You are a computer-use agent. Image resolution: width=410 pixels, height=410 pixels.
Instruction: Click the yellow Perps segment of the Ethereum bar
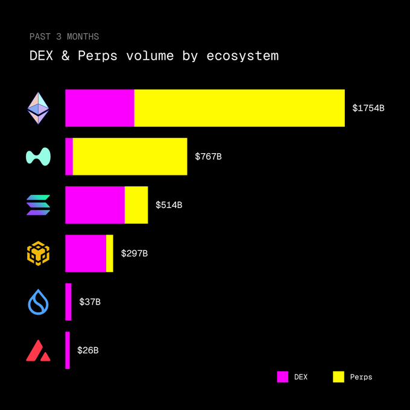click(239, 108)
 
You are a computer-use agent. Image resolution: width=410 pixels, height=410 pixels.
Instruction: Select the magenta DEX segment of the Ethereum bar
click(99, 108)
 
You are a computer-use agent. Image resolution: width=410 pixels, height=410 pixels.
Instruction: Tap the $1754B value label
click(368, 109)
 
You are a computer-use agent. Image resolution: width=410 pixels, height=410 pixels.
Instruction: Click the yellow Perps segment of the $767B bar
click(130, 156)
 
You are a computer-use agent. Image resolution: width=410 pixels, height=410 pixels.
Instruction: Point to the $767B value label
click(208, 157)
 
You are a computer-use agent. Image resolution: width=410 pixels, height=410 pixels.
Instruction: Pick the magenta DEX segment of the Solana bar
click(95, 205)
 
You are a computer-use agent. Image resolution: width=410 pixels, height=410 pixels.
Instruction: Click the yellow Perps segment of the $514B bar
click(136, 205)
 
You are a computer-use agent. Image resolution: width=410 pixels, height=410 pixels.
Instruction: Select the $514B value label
click(169, 205)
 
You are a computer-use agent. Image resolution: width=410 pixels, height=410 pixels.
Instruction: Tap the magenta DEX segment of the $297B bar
click(85, 253)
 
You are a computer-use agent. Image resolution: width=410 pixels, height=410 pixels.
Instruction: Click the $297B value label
click(134, 253)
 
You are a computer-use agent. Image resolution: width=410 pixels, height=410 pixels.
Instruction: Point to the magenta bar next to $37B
click(68, 301)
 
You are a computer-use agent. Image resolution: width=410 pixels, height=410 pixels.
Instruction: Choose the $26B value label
click(88, 350)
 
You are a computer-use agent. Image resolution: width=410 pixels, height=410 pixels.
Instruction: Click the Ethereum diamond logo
click(38, 108)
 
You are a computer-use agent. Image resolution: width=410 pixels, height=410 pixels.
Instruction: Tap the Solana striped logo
click(38, 205)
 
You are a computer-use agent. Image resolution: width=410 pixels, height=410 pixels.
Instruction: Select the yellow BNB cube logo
click(38, 253)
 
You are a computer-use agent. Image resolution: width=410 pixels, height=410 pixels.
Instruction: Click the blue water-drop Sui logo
click(38, 302)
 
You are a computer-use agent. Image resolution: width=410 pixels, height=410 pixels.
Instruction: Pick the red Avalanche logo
click(38, 350)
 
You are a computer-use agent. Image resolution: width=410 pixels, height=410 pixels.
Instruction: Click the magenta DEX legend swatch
click(283, 377)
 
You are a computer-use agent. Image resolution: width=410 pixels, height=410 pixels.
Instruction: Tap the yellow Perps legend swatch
click(338, 377)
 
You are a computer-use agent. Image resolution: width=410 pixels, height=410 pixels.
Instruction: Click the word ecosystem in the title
click(243, 57)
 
